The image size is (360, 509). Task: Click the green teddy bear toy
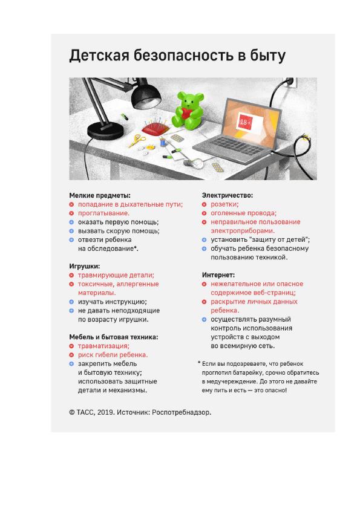[188, 110]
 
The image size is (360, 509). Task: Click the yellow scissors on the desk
[137, 140]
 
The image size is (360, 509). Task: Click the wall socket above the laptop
[292, 83]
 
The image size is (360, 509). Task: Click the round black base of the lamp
[105, 131]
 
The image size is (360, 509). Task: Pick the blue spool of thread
[163, 142]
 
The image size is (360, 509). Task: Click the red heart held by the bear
[187, 113]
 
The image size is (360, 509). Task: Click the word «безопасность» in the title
[184, 56]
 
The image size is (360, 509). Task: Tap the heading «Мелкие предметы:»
[100, 195]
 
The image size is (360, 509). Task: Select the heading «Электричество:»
[227, 195]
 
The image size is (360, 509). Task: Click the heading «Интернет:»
[218, 275]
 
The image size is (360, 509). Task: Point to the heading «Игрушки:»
[85, 266]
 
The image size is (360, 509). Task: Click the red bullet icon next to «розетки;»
[204, 204]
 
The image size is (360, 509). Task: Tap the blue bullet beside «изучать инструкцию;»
[71, 302]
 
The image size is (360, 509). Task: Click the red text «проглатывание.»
[103, 213]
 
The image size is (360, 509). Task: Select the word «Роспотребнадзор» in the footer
[181, 413]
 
